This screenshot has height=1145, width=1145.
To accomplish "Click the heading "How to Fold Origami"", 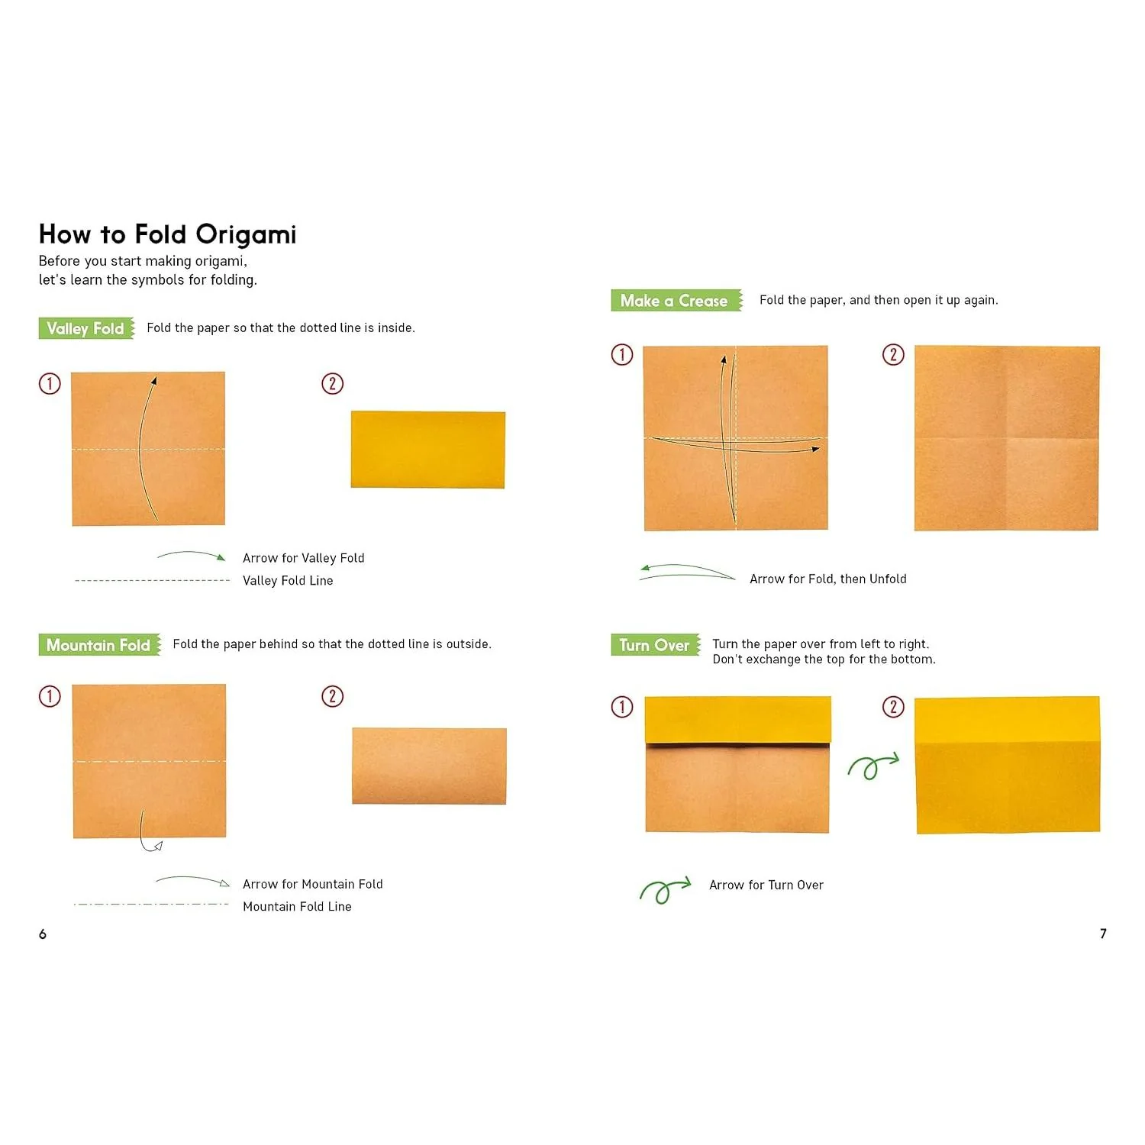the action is [x=167, y=234].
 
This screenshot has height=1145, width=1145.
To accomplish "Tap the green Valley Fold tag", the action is [x=86, y=328].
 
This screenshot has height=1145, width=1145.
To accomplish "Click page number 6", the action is [x=43, y=934].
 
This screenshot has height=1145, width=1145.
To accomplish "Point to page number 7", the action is [x=1103, y=934].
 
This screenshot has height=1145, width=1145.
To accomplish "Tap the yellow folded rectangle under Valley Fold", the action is [x=428, y=450].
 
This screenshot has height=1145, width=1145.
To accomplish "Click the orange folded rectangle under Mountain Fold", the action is [x=429, y=766].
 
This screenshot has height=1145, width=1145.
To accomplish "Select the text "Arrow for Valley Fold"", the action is [x=304, y=558].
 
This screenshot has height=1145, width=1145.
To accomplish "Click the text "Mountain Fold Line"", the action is [x=297, y=907].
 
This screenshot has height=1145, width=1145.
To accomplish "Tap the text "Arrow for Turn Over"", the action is [x=766, y=885].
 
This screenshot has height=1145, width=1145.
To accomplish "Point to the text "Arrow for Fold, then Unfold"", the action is [x=828, y=579].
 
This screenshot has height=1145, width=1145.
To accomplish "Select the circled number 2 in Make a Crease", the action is [x=893, y=355].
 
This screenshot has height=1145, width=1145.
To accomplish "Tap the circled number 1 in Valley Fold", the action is [x=50, y=383].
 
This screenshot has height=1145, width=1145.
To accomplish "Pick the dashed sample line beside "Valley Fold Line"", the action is [x=152, y=581].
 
